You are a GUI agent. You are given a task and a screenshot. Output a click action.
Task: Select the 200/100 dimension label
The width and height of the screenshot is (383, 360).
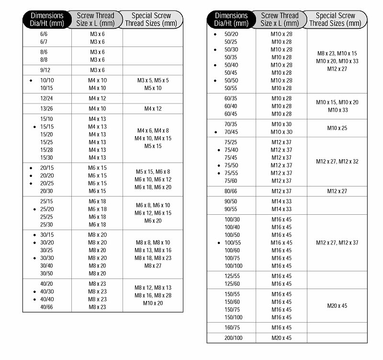click(234, 338)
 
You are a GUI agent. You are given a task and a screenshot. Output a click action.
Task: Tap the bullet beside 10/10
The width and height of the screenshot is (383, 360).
click(31, 81)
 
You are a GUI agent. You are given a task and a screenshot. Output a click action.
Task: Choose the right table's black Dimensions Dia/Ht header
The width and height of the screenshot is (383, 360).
click(231, 19)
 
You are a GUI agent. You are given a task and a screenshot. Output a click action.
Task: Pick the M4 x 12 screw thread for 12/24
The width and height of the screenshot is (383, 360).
click(97, 99)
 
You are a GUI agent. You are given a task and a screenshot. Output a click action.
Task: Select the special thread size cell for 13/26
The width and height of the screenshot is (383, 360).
click(153, 109)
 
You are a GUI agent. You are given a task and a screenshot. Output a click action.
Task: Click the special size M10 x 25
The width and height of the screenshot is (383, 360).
click(337, 128)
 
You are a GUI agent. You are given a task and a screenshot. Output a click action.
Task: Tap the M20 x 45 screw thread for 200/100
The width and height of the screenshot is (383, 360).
click(282, 338)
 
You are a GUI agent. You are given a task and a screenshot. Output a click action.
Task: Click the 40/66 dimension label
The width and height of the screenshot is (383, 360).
click(47, 307)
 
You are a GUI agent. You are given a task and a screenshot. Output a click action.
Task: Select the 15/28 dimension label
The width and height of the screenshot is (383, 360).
click(47, 150)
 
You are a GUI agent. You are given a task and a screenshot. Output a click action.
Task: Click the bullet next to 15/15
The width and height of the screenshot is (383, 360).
click(34, 127)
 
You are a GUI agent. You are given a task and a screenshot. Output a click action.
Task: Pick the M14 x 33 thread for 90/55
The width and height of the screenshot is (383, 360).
click(282, 209)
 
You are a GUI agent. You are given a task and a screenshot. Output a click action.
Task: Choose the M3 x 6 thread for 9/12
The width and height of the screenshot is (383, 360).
click(97, 70)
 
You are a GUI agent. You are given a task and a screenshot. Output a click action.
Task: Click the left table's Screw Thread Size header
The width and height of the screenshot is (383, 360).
click(95, 19)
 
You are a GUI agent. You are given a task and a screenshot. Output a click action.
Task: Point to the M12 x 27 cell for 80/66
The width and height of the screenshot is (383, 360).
click(337, 191)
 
